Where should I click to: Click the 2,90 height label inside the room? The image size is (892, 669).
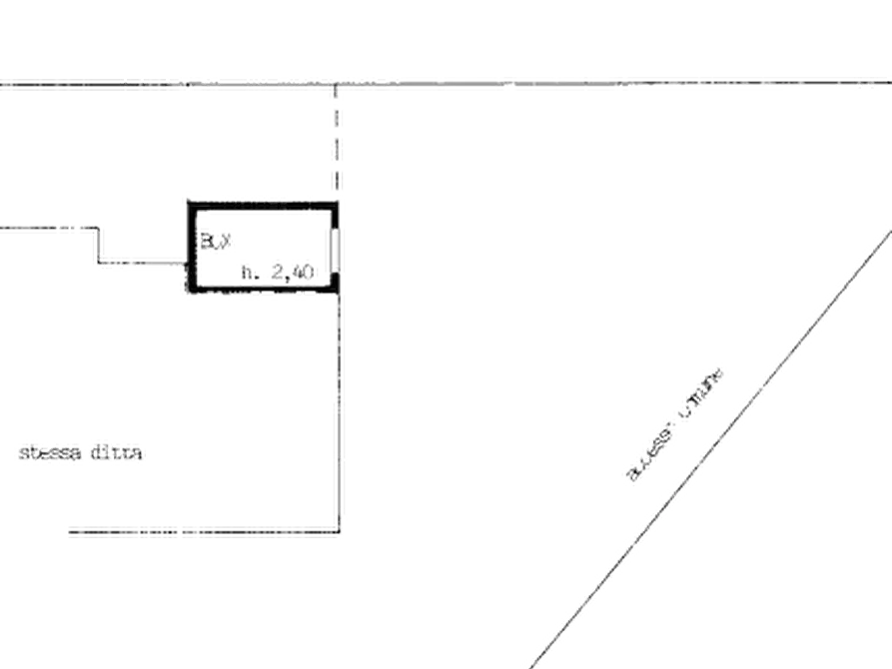click(x=281, y=270)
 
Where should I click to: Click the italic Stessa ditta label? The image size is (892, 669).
click(x=82, y=453)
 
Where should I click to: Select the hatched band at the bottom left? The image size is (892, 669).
click(x=200, y=532)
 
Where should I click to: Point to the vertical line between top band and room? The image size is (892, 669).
click(x=337, y=140)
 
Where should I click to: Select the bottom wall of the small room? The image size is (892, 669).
click(x=262, y=290)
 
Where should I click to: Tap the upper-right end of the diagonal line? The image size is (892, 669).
click(x=887, y=229)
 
